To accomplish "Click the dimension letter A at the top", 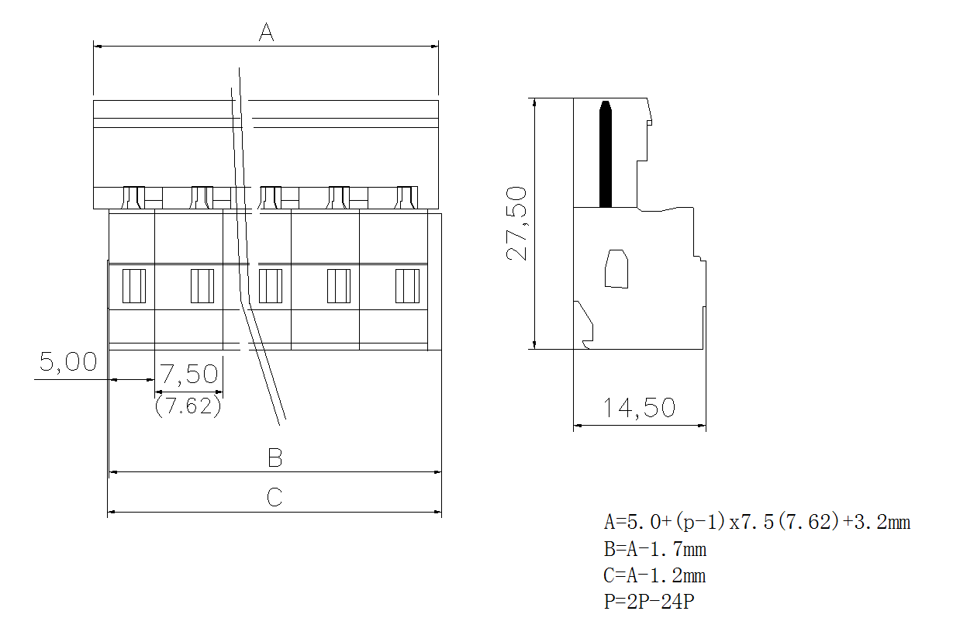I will click(x=267, y=33).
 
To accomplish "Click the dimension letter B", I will click(x=275, y=457).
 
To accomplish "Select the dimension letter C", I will click(x=275, y=497).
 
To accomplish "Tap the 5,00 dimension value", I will click(x=68, y=362).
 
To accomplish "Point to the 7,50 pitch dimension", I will click(x=190, y=375).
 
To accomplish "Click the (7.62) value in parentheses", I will click(x=188, y=406).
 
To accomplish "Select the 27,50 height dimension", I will click(x=516, y=223).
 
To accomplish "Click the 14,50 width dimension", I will click(x=640, y=408).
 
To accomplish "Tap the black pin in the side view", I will click(x=606, y=155).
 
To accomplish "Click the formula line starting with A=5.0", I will click(x=757, y=522).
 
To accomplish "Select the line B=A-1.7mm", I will click(x=655, y=550).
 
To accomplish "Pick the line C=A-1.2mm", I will click(x=655, y=575).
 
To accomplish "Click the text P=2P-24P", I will click(x=648, y=602).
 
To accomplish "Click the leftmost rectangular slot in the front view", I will click(x=134, y=285).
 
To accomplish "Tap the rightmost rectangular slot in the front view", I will click(x=407, y=285).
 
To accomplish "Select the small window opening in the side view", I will click(x=616, y=268).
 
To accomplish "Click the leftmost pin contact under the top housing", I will click(x=133, y=198).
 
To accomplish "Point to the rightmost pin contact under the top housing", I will click(x=406, y=198).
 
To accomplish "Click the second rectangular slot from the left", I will click(x=202, y=285).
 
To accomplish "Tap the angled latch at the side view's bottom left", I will click(x=584, y=322).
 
